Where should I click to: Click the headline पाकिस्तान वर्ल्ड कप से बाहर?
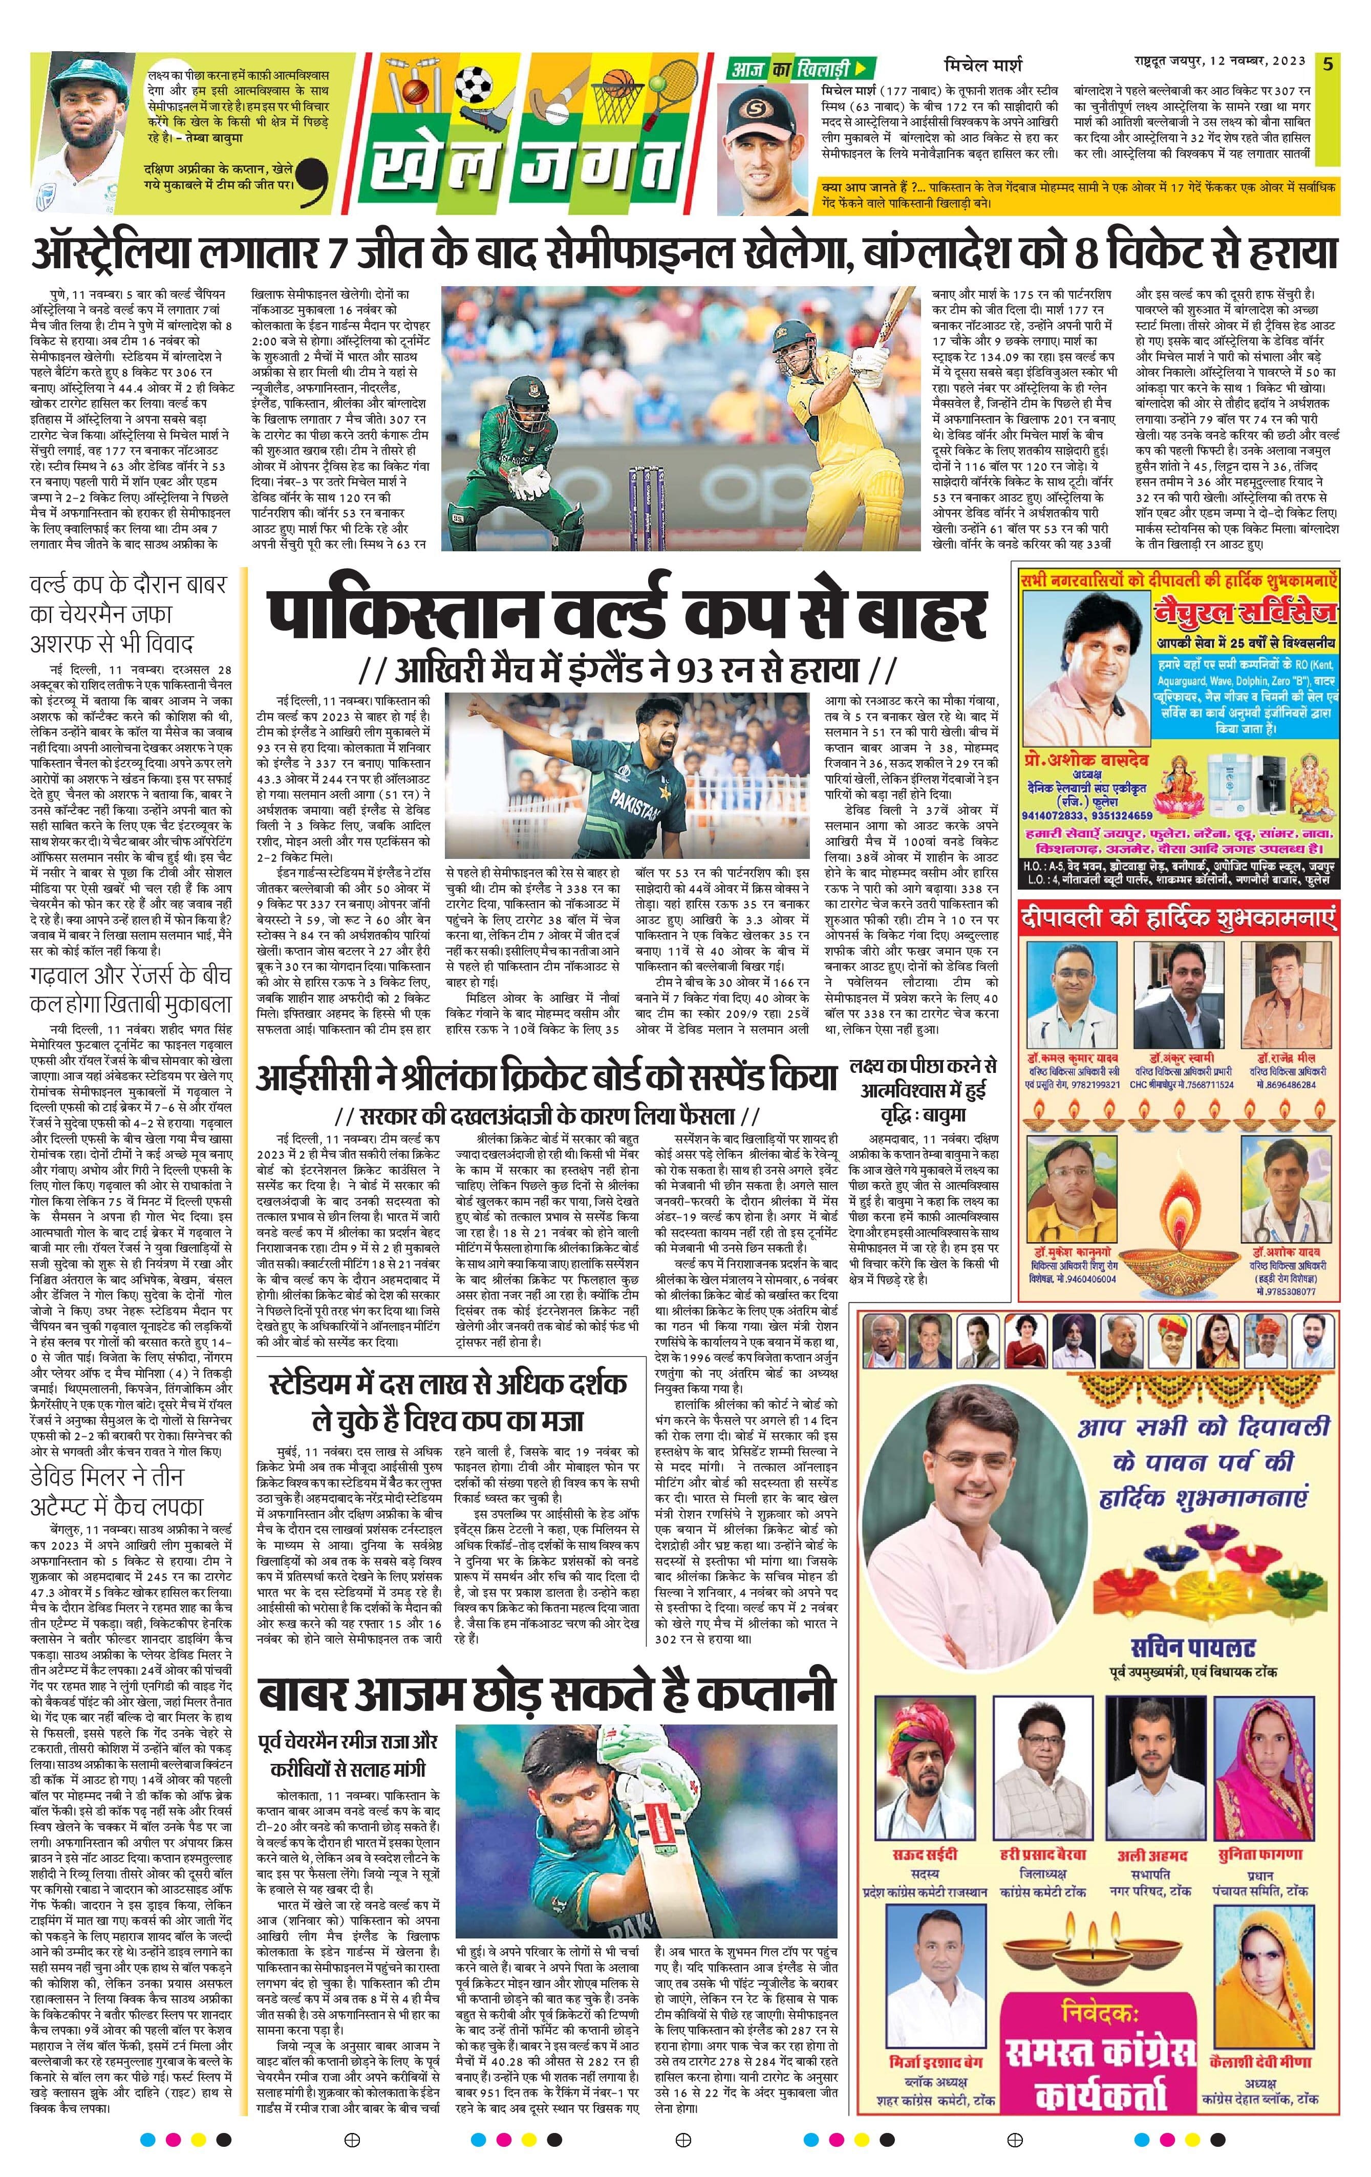pos(626,616)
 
